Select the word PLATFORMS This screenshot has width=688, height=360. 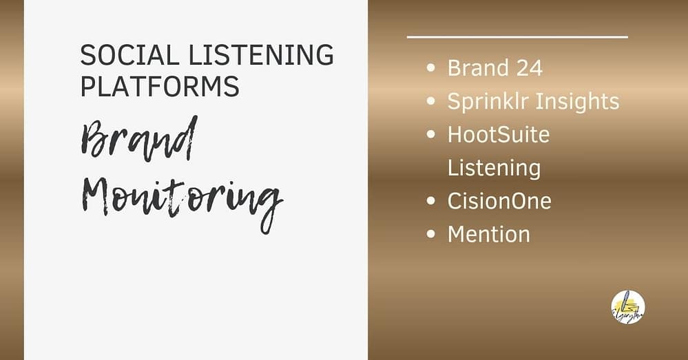pos(160,87)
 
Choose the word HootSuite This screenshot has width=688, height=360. pos(499,134)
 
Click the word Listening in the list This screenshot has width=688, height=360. pos(494,167)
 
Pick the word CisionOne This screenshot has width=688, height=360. pos(499,201)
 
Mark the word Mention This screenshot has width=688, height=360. pos(489,234)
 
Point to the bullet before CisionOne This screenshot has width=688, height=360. pos(431,201)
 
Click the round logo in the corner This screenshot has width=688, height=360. pos(627,307)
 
